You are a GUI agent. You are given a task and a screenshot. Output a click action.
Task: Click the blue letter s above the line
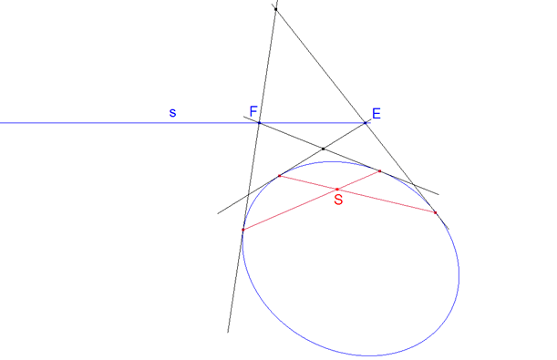tap(172, 112)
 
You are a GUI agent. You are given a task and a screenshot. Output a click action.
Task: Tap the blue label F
tap(253, 111)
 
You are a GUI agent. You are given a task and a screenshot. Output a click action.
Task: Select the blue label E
tap(376, 114)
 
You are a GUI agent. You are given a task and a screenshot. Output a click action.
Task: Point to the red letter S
tap(338, 200)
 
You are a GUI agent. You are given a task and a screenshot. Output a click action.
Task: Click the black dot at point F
tap(259, 122)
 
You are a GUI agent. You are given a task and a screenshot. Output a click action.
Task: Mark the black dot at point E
tap(366, 122)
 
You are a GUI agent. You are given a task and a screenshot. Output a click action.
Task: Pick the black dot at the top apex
tap(275, 9)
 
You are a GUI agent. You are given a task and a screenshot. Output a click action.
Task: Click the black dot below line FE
tap(324, 149)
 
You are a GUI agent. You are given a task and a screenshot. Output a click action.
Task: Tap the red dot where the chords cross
tap(337, 189)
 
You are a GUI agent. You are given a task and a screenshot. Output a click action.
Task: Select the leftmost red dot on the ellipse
tap(243, 230)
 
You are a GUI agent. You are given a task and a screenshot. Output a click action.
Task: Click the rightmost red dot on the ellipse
tap(436, 212)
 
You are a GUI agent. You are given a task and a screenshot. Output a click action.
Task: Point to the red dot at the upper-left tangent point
tap(279, 175)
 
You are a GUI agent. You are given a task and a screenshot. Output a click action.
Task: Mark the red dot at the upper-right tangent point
tap(380, 170)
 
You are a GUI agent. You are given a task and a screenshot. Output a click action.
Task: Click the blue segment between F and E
tap(313, 122)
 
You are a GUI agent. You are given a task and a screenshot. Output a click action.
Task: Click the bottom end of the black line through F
tap(228, 332)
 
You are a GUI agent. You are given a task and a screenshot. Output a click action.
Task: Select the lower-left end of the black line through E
tap(218, 213)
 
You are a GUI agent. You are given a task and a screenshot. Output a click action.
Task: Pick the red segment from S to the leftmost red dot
tap(290, 210)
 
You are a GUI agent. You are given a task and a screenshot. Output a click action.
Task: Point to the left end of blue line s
tap(2, 122)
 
